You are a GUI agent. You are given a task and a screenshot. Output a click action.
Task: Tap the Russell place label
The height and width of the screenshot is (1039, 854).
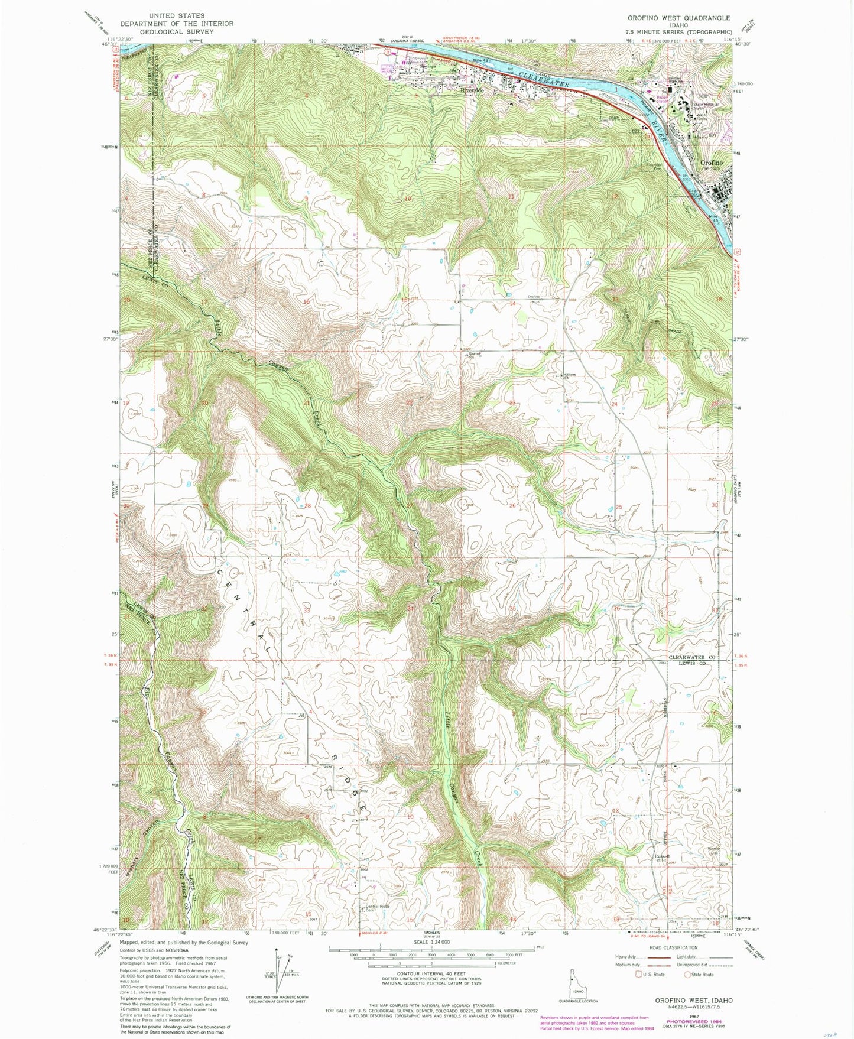[x=662, y=856]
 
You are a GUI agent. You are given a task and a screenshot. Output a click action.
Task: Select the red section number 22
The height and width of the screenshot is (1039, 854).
[x=409, y=402]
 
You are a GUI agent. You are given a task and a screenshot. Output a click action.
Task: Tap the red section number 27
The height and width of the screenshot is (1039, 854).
[x=409, y=505]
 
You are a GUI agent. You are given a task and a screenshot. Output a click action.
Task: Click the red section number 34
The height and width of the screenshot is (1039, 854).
[x=410, y=608]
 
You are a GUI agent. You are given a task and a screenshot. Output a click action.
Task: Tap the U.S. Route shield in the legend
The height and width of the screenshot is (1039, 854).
[x=639, y=975]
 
